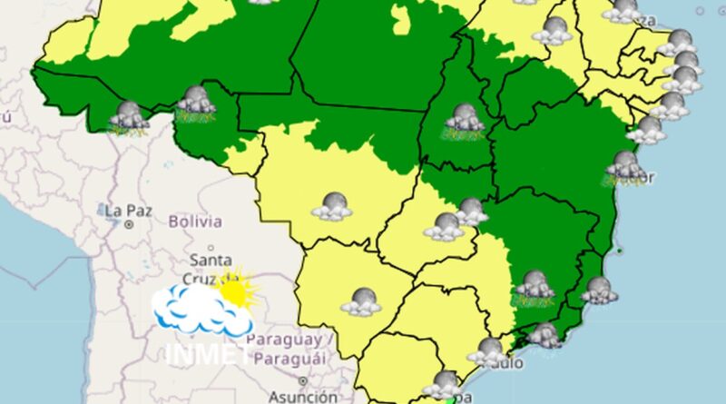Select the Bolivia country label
pyautogui.click(x=194, y=221)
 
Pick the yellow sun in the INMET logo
pyautogui.click(x=237, y=291)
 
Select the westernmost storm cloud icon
pyautogui.click(x=130, y=116)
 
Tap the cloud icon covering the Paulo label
pyautogui.click(x=490, y=351)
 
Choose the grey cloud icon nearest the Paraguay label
pyautogui.click(x=361, y=301)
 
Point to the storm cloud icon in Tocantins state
pyautogui.click(x=464, y=120)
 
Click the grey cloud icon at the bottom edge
pyautogui.click(x=446, y=383)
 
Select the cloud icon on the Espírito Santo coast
pyautogui.click(x=599, y=291)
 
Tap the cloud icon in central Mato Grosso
pyautogui.click(x=331, y=206)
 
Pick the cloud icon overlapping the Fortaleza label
pyautogui.click(x=623, y=11)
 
